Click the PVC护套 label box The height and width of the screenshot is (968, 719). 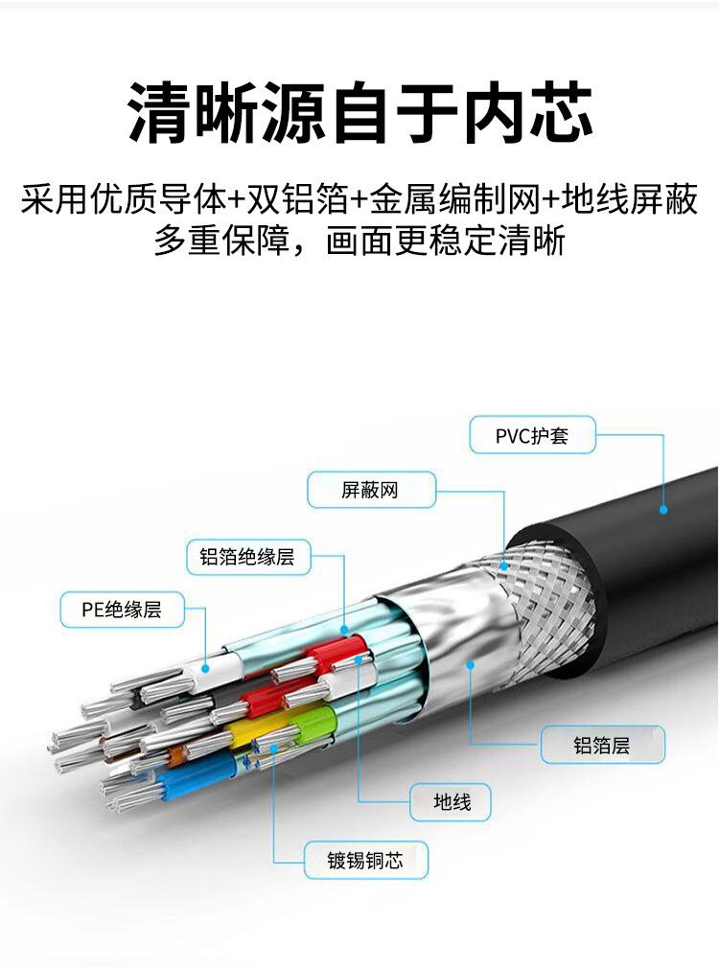click(532, 435)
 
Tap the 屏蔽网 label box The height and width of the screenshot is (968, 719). click(371, 491)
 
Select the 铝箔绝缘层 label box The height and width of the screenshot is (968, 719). click(248, 557)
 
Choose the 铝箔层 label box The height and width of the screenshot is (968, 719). click(602, 745)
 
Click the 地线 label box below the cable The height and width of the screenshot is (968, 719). click(451, 801)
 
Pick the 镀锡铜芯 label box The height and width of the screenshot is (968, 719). click(365, 860)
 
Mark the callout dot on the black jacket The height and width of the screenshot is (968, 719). click(663, 510)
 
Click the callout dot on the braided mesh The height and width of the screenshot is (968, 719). click(505, 566)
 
